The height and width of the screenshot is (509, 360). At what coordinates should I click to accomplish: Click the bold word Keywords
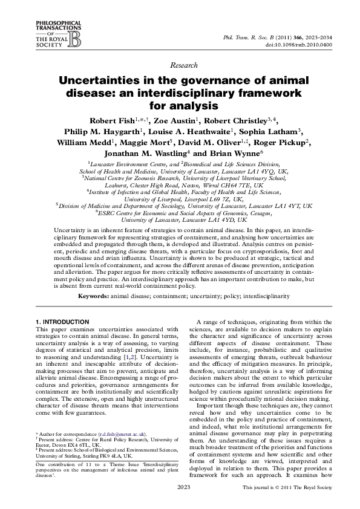(x=93, y=297)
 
